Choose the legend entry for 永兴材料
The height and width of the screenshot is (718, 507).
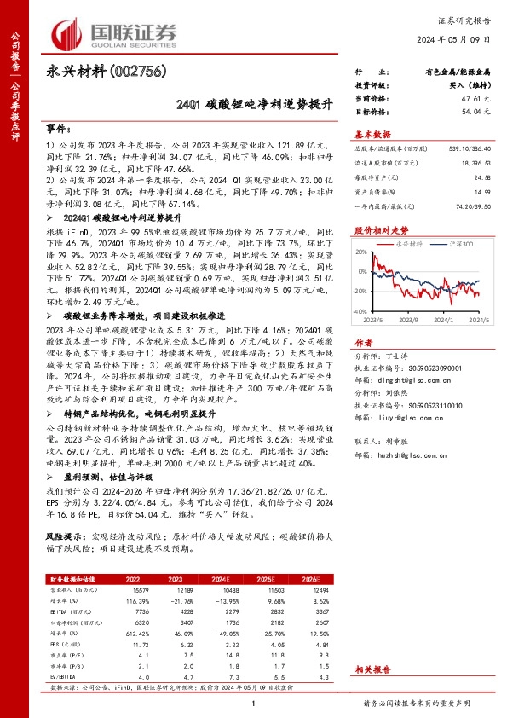[412, 244]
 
